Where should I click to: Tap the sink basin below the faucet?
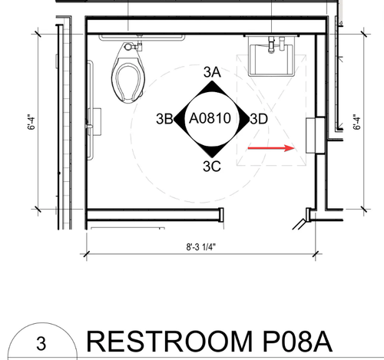click(271, 61)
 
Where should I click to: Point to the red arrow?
click(271, 148)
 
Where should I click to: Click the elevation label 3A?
click(212, 72)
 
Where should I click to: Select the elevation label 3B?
click(164, 119)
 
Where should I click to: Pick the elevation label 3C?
click(212, 167)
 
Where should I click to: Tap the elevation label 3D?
click(259, 119)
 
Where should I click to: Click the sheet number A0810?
click(210, 118)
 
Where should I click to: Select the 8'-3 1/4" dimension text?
click(201, 247)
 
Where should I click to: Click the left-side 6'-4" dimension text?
click(31, 122)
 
